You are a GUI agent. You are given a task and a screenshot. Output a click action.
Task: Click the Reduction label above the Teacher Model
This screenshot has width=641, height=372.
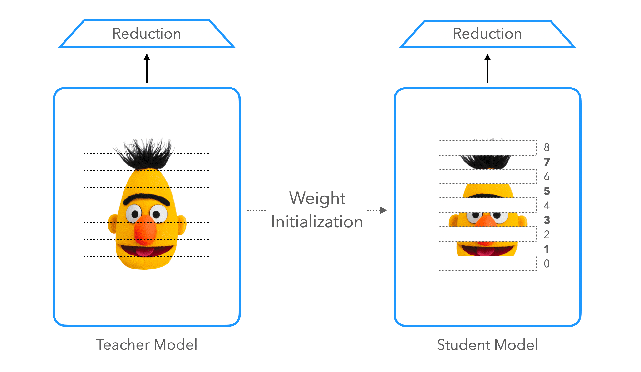[x=147, y=34]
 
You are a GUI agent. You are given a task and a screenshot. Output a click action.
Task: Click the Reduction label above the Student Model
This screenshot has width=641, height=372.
[x=487, y=34]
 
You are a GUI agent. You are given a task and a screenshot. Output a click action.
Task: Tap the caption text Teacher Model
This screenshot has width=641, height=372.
[x=147, y=345]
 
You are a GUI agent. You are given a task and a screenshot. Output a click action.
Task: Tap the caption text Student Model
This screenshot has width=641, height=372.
[x=487, y=345]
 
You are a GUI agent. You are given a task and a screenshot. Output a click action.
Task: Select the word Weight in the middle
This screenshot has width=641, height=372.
[x=317, y=198]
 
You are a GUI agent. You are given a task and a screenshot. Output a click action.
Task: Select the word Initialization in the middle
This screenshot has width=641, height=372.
[x=317, y=222]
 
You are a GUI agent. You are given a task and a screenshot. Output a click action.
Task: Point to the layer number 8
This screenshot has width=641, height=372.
[x=546, y=147]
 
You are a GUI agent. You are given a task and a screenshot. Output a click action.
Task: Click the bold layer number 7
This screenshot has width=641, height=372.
[x=546, y=162]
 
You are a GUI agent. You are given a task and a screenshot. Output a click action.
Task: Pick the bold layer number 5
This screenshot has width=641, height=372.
[x=546, y=191]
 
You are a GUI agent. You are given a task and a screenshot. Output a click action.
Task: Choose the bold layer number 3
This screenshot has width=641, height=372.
[x=546, y=220]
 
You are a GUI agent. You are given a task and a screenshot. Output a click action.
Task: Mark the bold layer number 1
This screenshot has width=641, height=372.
[x=546, y=249]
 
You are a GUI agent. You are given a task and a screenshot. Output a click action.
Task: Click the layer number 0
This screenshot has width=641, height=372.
[x=546, y=264]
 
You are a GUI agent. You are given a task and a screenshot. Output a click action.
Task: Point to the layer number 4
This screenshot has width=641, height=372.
[x=546, y=206]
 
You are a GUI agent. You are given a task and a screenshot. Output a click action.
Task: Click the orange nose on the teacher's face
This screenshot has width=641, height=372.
[x=145, y=230]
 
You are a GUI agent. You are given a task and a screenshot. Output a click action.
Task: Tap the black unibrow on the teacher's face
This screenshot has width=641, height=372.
[x=146, y=198]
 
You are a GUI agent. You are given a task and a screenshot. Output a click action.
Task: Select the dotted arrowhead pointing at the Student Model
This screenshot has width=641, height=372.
[x=383, y=210]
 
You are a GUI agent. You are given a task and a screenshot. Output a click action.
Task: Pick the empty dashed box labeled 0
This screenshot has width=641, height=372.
[x=487, y=264]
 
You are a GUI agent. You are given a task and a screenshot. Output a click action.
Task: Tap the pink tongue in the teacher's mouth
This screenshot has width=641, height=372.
[x=144, y=251]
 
